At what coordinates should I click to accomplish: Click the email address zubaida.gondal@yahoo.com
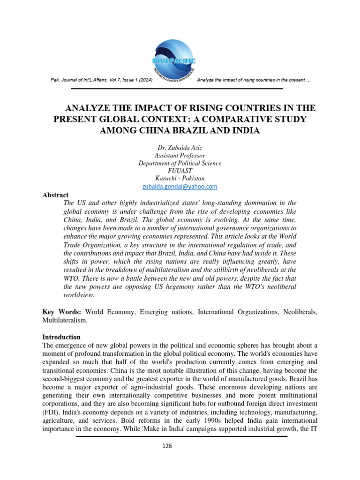(180, 186)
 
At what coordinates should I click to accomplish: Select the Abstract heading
(55, 195)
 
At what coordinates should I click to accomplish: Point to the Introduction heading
(61, 337)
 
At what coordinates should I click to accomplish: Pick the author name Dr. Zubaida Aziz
(180, 148)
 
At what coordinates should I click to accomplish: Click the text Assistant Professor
(180, 156)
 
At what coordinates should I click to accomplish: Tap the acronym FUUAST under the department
(180, 171)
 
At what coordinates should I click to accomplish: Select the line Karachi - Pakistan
(180, 178)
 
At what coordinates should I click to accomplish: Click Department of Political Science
(180, 163)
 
